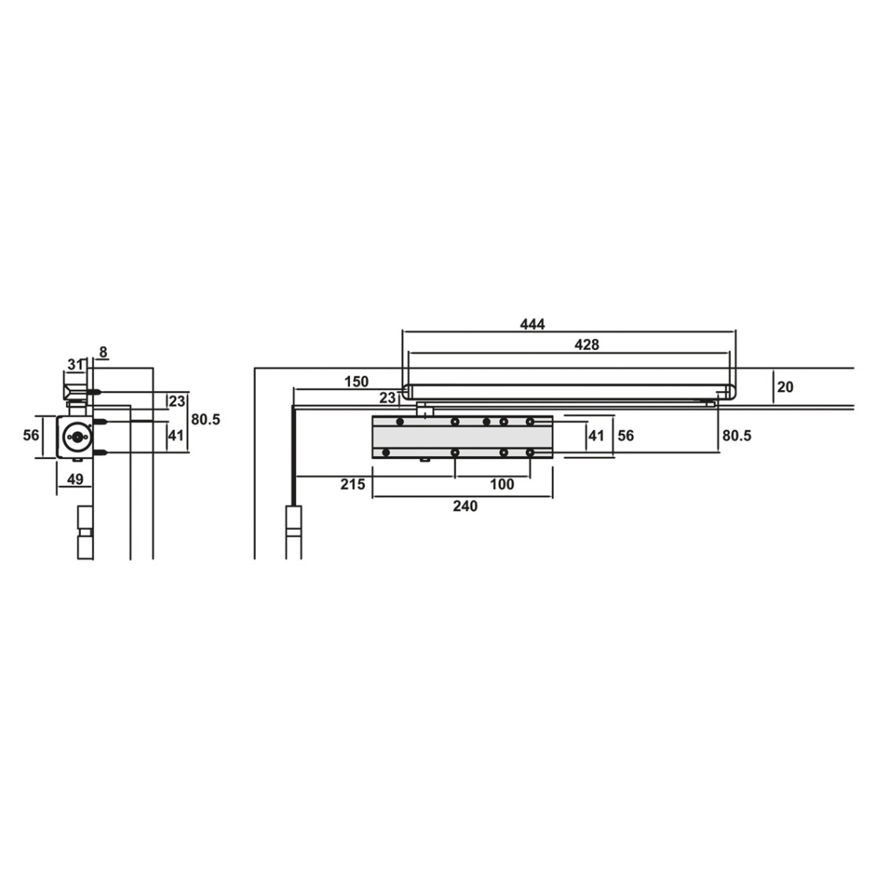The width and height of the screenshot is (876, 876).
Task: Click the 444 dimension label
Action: pyautogui.click(x=532, y=324)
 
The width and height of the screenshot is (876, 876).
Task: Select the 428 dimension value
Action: pyautogui.click(x=586, y=345)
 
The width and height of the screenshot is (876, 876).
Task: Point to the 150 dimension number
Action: pyautogui.click(x=356, y=381)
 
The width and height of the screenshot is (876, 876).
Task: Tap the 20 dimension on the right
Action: pyautogui.click(x=785, y=387)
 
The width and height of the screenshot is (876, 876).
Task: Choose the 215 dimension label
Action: pyautogui.click(x=353, y=484)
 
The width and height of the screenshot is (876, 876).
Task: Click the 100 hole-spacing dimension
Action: pyautogui.click(x=502, y=484)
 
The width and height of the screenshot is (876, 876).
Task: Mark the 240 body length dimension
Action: pyautogui.click(x=465, y=506)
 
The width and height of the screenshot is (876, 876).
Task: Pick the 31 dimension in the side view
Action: pyautogui.click(x=75, y=365)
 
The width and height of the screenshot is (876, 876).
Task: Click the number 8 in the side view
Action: pyautogui.click(x=103, y=352)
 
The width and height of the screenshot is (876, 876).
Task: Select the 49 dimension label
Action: pyautogui.click(x=75, y=480)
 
